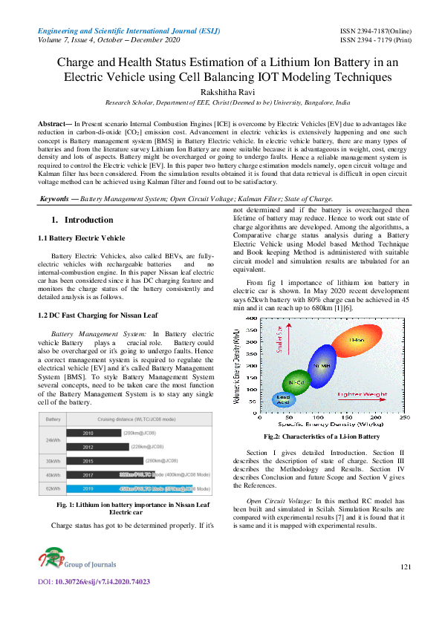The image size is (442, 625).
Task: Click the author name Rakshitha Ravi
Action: (x=220, y=91)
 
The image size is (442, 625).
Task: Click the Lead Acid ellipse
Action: (x=284, y=399)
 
